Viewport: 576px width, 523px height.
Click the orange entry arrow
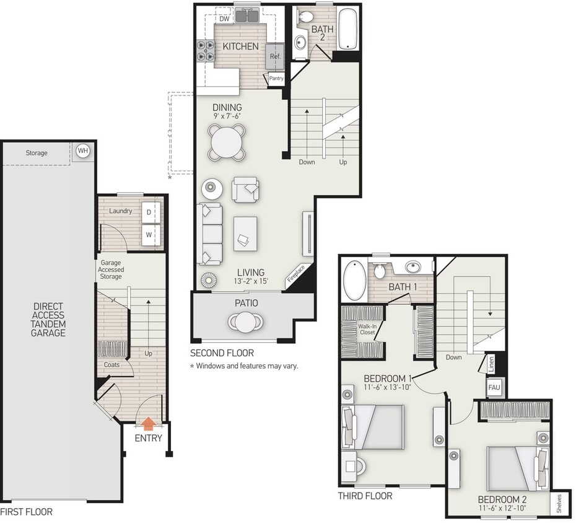click(148, 423)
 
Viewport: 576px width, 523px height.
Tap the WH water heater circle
click(82, 151)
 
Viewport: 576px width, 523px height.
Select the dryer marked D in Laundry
click(149, 213)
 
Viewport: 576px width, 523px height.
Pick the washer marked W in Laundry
click(149, 234)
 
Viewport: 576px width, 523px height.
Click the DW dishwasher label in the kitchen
click(225, 19)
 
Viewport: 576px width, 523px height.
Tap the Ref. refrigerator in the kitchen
click(274, 56)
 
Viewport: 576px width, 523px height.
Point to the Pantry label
click(276, 78)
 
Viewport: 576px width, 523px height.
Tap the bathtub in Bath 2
click(348, 29)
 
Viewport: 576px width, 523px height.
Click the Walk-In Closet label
click(367, 329)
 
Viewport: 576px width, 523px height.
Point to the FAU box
click(494, 387)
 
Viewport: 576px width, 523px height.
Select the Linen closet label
click(491, 363)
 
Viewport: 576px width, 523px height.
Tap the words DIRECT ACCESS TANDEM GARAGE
click(48, 319)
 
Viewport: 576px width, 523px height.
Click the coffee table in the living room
click(246, 234)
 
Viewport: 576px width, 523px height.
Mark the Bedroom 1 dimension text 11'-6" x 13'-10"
click(388, 388)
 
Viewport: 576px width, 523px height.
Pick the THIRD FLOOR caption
click(365, 496)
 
